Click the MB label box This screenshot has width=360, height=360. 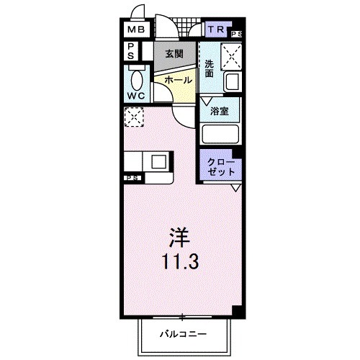136,30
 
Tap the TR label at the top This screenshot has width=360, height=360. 216,30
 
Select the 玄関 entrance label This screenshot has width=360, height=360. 174,54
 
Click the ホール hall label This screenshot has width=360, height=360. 179,81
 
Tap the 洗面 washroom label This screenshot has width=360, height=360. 209,69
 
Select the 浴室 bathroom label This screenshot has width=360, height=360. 220,112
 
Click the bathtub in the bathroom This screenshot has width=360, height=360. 220,135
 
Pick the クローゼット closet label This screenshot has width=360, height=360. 220,168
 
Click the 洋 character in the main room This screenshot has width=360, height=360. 179,237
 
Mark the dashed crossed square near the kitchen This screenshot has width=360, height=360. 134,117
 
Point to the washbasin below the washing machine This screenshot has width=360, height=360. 232,82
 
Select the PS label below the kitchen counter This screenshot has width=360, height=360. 132,177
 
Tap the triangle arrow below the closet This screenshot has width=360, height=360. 235,188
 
